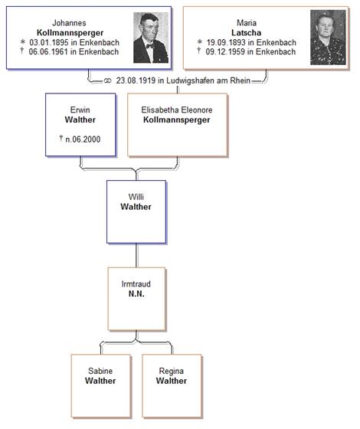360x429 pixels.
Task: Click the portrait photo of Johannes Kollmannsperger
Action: [151, 38]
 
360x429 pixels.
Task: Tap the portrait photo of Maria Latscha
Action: [328, 38]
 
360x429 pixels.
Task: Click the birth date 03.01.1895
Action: [49, 43]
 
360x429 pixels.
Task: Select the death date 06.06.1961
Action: [48, 52]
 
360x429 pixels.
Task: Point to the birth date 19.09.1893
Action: [226, 43]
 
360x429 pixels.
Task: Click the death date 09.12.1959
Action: [225, 52]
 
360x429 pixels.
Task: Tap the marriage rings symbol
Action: [107, 81]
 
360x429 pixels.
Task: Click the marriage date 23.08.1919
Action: [136, 80]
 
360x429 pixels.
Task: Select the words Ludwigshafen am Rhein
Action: [208, 80]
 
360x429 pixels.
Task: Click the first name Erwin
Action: [80, 110]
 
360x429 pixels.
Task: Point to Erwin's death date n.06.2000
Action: [83, 139]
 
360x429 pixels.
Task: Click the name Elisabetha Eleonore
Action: [177, 110]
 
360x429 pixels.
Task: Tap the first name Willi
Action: [136, 197]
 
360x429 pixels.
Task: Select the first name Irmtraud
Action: [136, 284]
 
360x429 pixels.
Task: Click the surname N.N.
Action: [136, 294]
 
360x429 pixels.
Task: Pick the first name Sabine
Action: [100, 371]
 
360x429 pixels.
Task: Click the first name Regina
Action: [172, 372]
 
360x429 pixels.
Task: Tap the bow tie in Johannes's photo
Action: [150, 46]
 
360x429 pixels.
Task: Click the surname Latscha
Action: [246, 33]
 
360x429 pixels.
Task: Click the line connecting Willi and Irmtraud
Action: [136, 255]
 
